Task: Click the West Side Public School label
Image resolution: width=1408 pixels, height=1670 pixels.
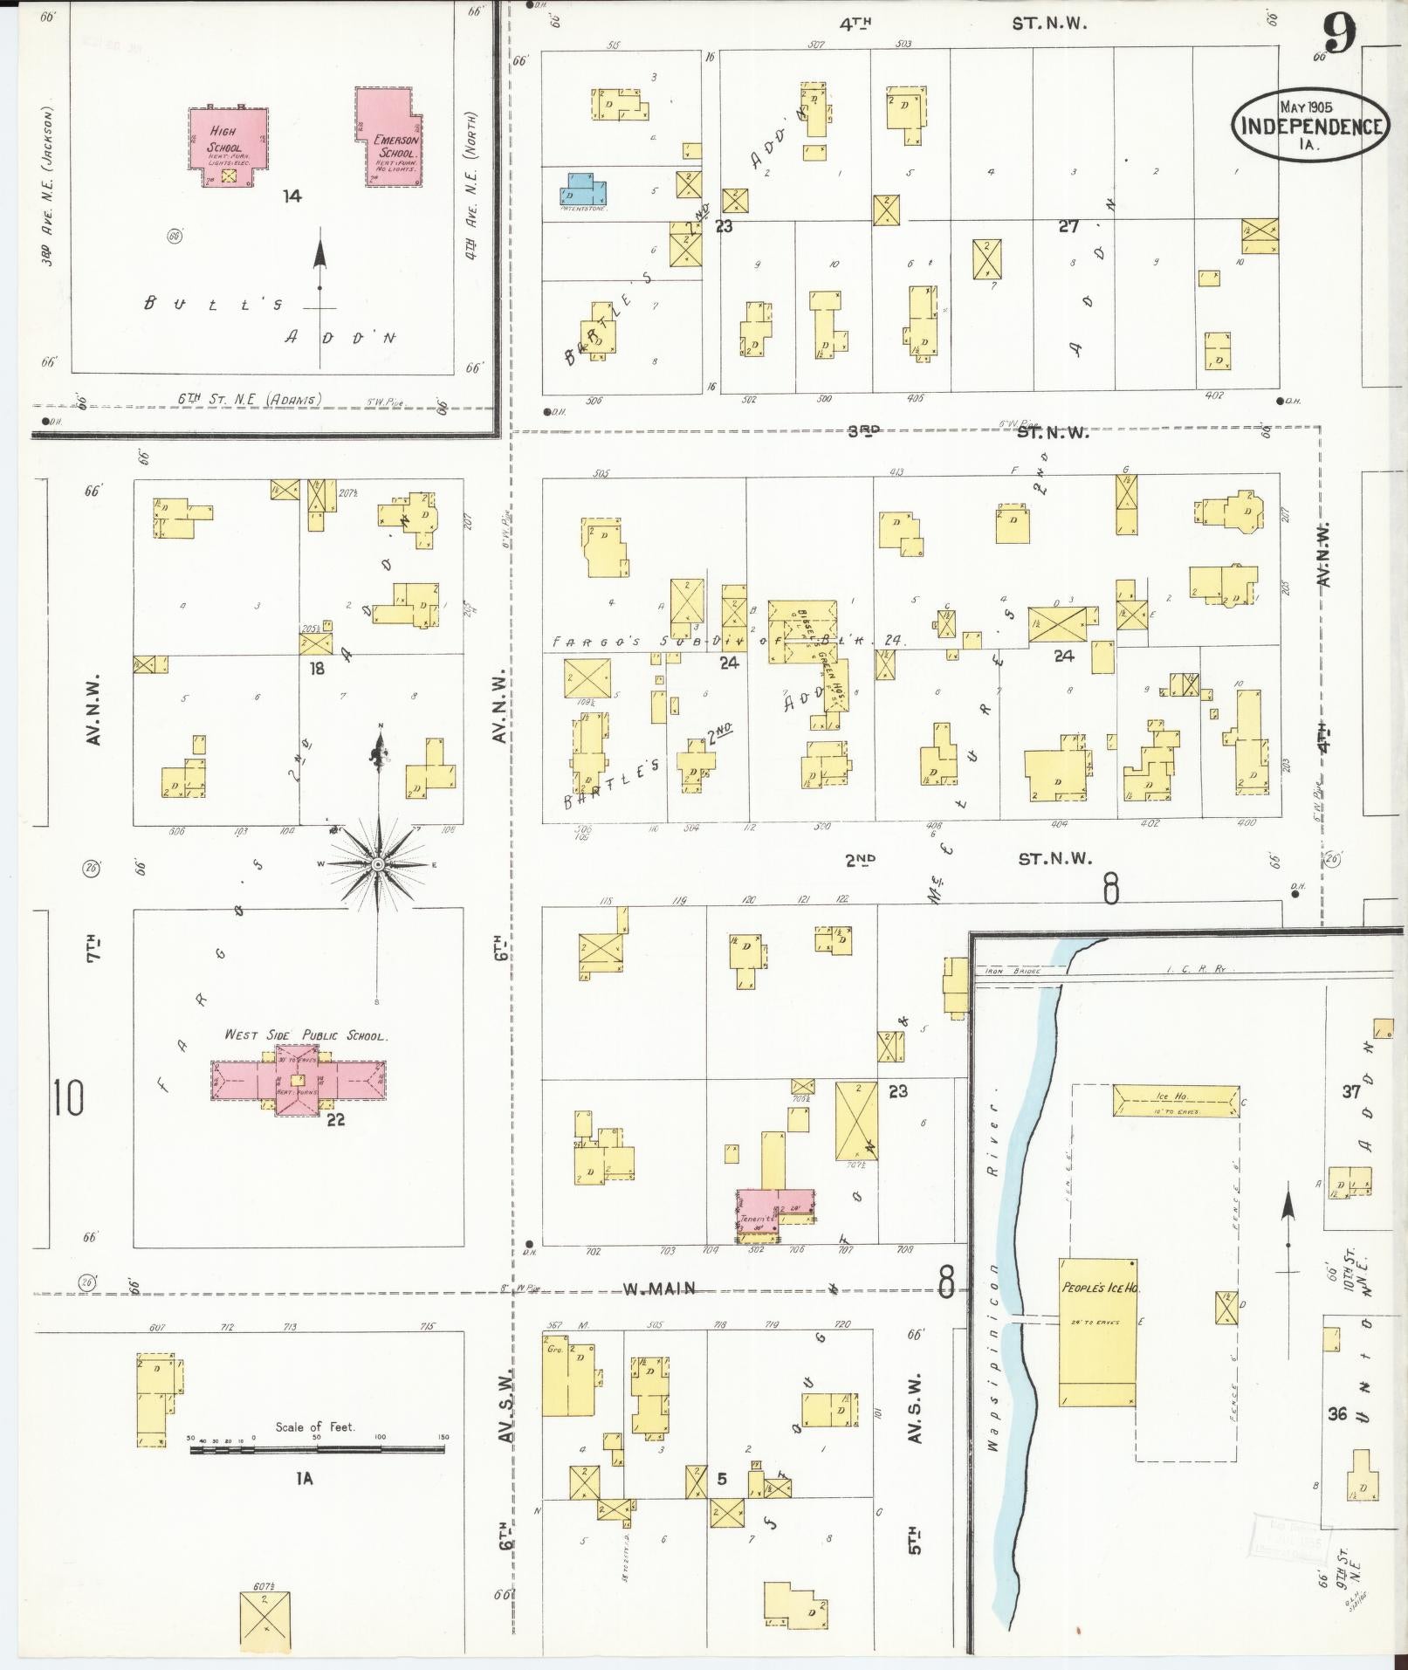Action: pos(306,1035)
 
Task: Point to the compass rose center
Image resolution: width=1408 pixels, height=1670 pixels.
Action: pos(378,864)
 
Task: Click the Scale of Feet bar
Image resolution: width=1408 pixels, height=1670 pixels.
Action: pos(317,1450)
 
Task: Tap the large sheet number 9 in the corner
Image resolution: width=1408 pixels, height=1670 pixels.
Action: pos(1338,37)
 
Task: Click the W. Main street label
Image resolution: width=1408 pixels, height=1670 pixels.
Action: pos(658,1289)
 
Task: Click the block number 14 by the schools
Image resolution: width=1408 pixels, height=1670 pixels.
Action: pos(292,196)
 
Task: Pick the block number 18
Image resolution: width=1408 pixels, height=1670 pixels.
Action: pos(316,668)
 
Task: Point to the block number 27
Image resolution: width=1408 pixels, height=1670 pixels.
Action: pos(1068,227)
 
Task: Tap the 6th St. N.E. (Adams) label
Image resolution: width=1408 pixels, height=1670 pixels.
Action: pos(250,399)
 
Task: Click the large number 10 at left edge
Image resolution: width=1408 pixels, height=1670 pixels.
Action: pos(68,1098)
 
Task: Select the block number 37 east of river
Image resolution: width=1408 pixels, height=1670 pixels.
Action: pos(1351,1092)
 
